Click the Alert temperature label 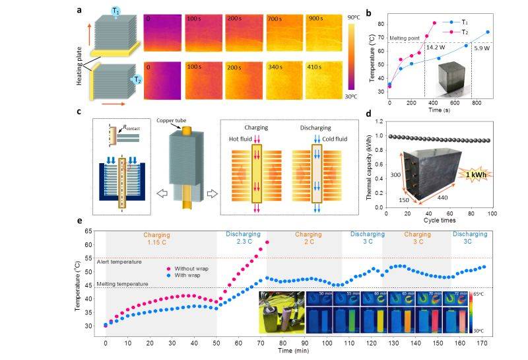[x=120, y=262]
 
